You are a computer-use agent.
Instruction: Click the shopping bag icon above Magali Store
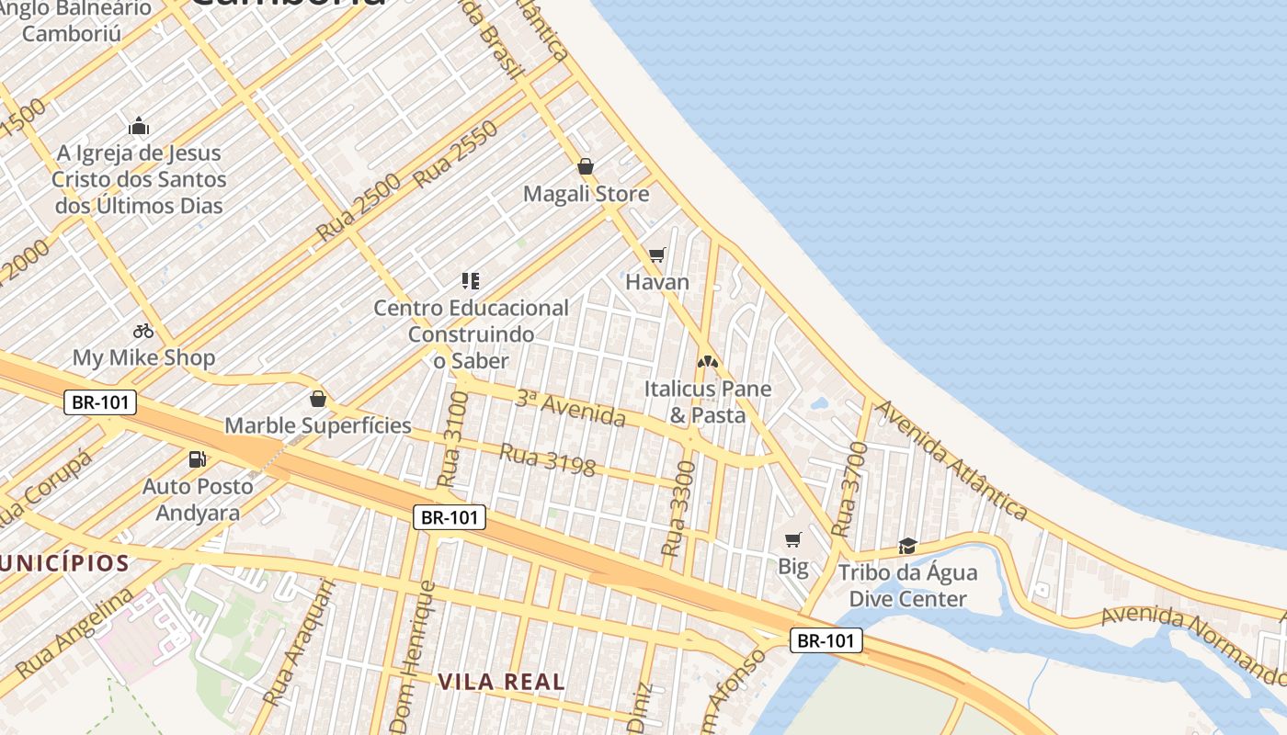[586, 166]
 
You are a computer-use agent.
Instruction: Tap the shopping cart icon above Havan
[656, 254]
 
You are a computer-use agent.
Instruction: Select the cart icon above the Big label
[792, 539]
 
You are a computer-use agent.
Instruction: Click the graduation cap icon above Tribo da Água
[907, 546]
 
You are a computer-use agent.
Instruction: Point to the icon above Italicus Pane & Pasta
[707, 362]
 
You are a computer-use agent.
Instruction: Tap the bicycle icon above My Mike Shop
[143, 331]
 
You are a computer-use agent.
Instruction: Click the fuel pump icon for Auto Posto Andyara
[197, 458]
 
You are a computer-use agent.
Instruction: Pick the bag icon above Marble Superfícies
[318, 399]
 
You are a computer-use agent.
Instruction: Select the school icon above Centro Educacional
[471, 281]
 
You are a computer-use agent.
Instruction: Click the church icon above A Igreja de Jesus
[139, 126]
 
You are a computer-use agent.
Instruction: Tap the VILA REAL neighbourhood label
[501, 682]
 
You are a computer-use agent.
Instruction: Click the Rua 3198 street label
[548, 458]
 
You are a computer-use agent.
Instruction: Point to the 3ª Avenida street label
[570, 409]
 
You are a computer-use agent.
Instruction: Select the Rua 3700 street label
[849, 490]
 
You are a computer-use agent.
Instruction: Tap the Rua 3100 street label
[453, 438]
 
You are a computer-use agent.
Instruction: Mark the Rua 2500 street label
[359, 207]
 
